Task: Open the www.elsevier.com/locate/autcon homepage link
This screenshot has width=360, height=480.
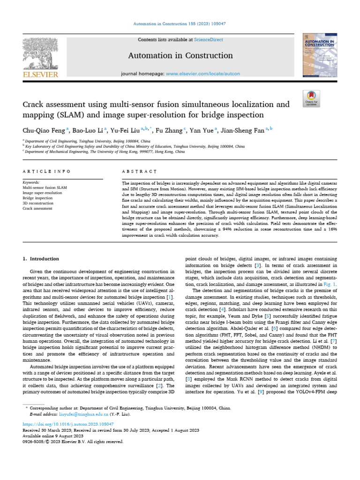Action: (203, 74)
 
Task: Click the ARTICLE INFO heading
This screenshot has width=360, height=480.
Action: (47, 172)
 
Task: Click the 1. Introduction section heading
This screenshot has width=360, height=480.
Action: (41, 259)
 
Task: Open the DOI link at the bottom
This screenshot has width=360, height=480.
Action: (68, 423)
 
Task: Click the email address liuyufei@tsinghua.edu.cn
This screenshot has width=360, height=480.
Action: (82, 414)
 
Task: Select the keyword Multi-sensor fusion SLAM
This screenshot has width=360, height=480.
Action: (45, 187)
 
